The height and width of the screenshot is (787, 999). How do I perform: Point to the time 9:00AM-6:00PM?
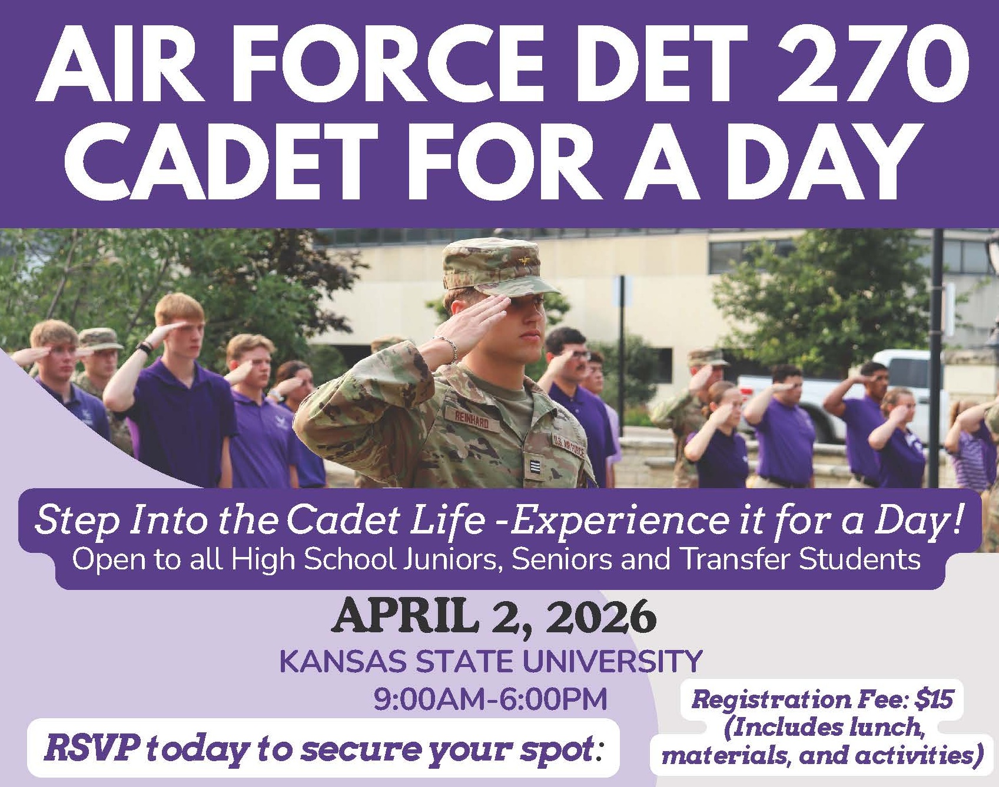[x=490, y=700]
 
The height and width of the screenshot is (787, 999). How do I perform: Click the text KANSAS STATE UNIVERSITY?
[x=491, y=661]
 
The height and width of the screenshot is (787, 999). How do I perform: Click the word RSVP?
[x=92, y=748]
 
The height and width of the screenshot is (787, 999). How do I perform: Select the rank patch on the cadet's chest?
[x=532, y=469]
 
